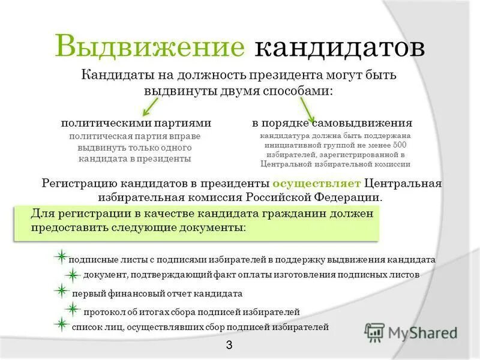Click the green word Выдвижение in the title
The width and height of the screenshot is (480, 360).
(x=150, y=47)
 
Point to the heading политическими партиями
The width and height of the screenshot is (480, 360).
(x=136, y=123)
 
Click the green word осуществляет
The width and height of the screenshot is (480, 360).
(x=316, y=183)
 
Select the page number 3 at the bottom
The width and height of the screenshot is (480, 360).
(x=229, y=344)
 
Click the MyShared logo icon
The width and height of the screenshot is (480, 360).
(x=375, y=332)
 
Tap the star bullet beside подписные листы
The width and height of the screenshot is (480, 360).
(x=61, y=257)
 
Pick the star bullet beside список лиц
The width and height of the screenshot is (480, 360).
(x=61, y=325)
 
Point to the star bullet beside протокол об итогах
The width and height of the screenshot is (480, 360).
(x=73, y=309)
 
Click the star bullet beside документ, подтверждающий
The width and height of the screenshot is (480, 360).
(x=73, y=275)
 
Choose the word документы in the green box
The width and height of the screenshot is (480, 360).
(x=212, y=229)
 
